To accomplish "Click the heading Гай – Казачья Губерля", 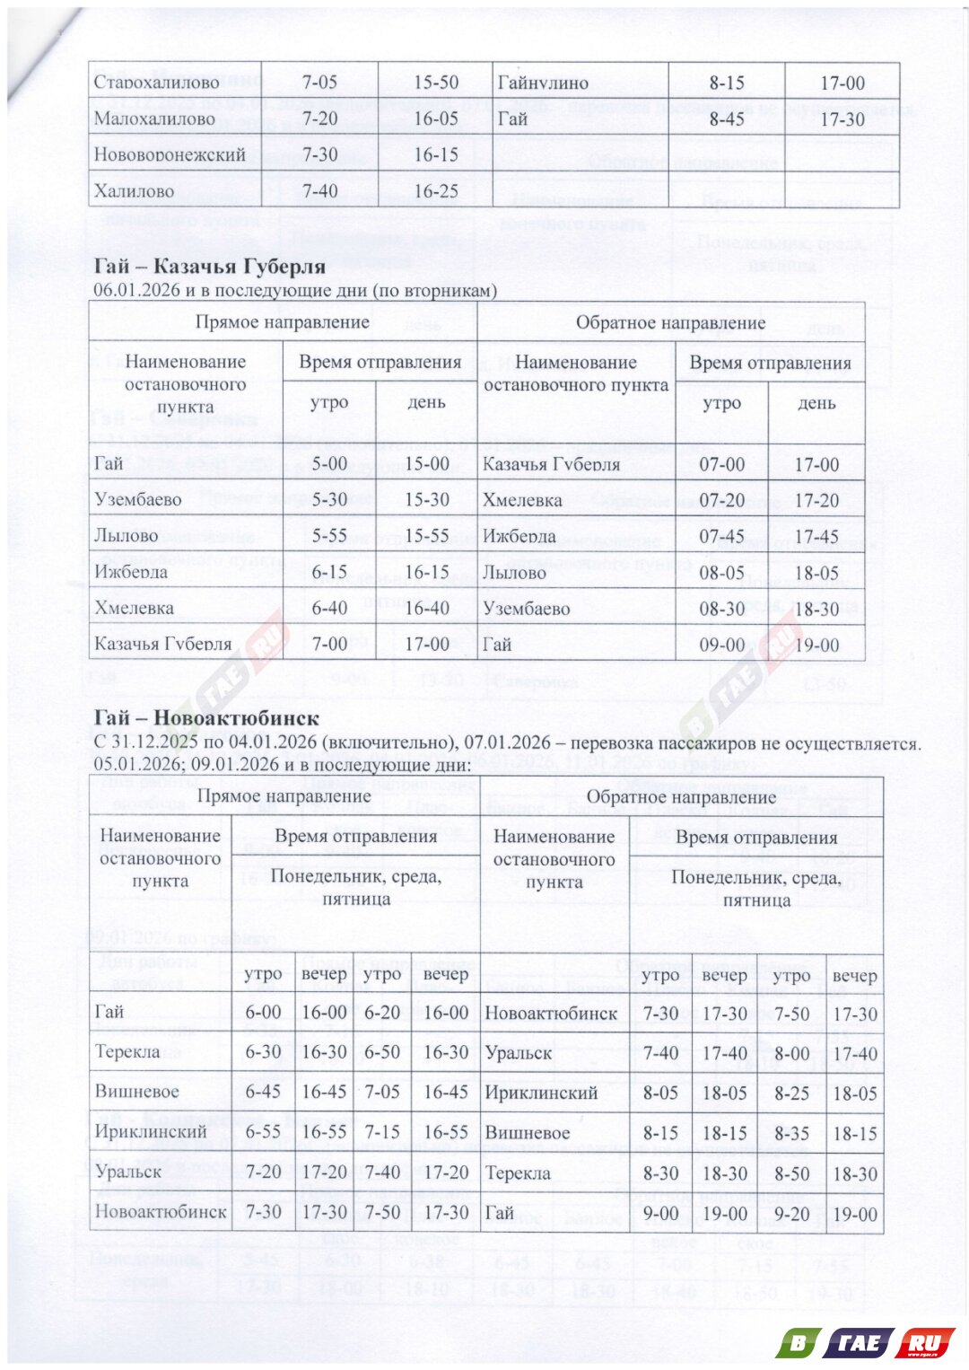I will [209, 266].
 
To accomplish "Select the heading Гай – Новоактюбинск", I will [205, 718].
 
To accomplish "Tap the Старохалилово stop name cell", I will [156, 83].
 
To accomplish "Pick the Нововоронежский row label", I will [170, 154].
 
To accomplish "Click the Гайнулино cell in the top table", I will [543, 83].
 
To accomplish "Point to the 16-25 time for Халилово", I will [435, 191].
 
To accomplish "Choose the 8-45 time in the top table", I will [726, 119].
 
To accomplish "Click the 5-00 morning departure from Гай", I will [329, 464].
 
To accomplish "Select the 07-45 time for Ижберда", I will [721, 537].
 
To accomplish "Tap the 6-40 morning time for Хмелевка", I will [329, 608].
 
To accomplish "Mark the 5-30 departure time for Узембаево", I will [329, 500].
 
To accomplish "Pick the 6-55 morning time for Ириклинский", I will [263, 1132].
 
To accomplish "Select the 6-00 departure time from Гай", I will [263, 1013].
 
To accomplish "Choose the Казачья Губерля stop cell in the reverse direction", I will [551, 465].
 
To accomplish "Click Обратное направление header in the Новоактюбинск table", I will [680, 797].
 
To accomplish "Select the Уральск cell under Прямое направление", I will [128, 1172].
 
